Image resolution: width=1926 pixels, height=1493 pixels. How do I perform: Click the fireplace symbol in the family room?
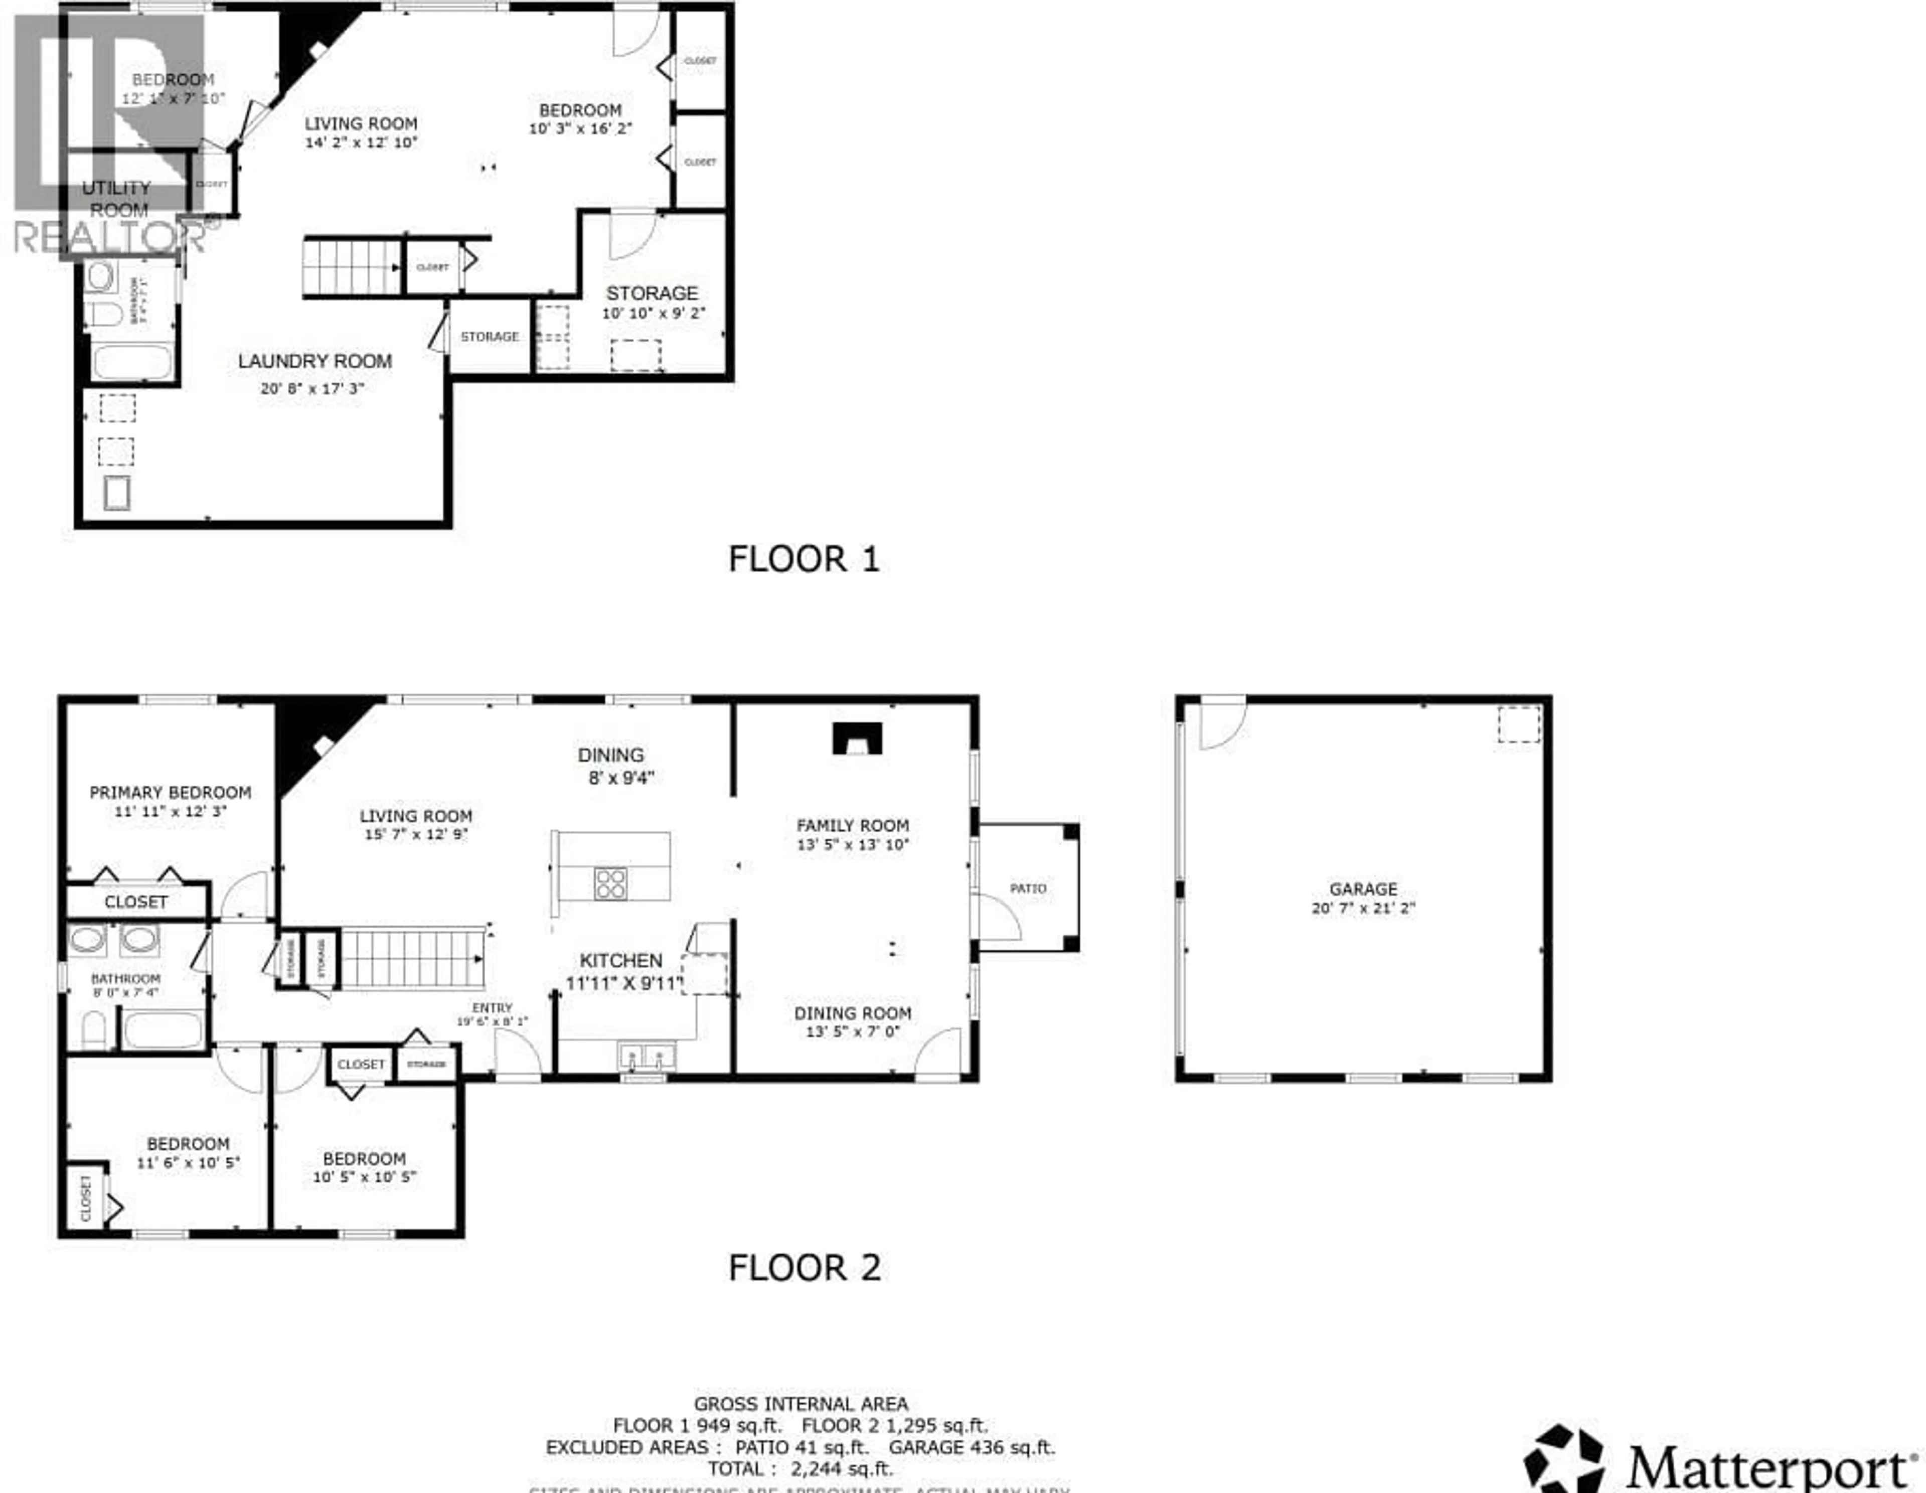(856, 739)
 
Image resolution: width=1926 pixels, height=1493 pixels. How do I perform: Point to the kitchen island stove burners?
(610, 883)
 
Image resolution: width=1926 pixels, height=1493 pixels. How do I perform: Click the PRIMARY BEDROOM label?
(170, 792)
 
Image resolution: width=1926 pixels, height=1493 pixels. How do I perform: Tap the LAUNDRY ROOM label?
(315, 362)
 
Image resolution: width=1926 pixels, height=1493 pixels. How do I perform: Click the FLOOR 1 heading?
(804, 559)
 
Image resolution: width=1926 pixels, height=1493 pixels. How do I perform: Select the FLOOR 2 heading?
(804, 1268)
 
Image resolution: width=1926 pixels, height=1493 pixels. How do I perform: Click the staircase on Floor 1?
(352, 267)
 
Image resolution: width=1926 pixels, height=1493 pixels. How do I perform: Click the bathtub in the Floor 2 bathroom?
(163, 1030)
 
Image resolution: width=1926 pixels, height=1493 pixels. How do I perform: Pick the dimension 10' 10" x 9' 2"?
(654, 313)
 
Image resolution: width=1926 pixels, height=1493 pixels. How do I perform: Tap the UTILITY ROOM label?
(117, 199)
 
